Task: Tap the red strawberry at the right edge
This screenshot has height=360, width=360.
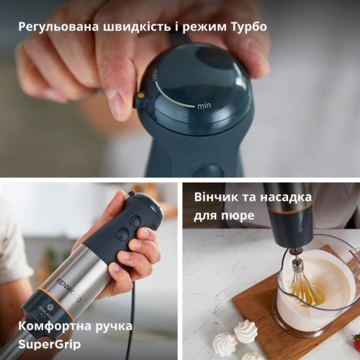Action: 355,338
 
